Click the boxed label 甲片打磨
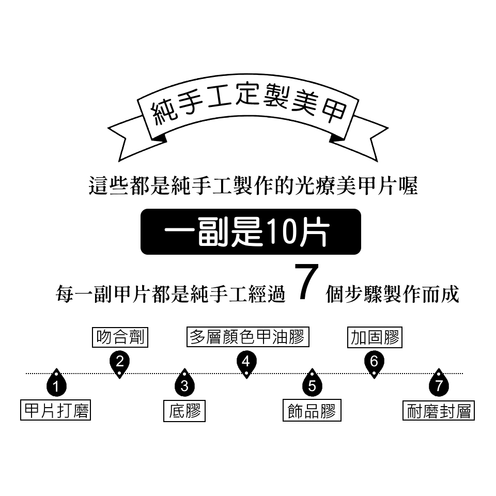click(56, 410)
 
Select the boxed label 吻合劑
click(120, 337)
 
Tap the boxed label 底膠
click(184, 411)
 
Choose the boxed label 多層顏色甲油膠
click(247, 336)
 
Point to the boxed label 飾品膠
click(312, 410)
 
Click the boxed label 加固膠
click(375, 337)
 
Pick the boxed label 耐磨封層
click(439, 411)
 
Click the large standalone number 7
click(306, 282)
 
